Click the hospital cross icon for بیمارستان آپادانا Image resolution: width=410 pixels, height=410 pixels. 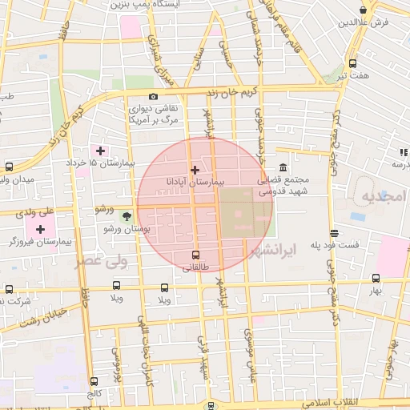point(195,170)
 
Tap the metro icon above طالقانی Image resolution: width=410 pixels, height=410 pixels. point(196,255)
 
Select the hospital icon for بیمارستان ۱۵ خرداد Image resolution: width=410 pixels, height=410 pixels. point(100,151)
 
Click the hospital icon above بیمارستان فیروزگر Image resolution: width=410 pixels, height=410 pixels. point(41,230)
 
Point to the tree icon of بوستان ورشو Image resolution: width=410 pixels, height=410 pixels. point(126,215)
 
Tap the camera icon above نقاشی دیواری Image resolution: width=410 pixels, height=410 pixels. point(153,97)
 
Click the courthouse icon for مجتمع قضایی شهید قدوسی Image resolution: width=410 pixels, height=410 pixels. point(282,167)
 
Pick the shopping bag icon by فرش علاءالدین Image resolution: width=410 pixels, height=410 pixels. point(364,10)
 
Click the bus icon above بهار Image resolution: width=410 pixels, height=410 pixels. point(376,278)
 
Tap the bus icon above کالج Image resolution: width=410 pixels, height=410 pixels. point(94,381)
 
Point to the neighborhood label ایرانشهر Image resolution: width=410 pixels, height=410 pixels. point(273,250)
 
